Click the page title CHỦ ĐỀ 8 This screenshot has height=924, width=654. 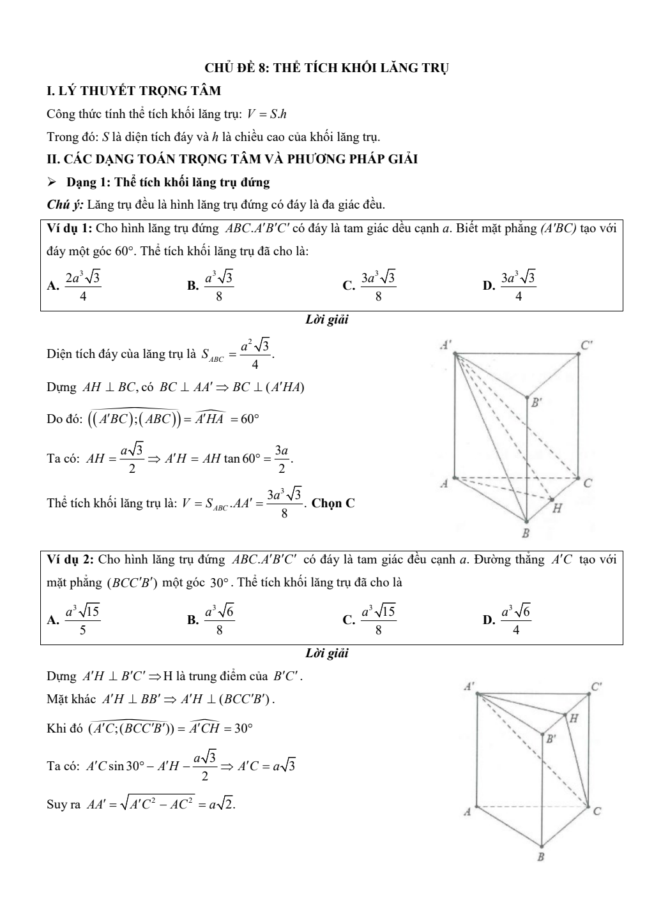point(326,68)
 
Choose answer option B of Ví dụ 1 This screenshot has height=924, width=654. point(211,285)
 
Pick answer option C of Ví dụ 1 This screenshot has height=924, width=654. point(370,285)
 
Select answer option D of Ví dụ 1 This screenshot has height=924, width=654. point(510,285)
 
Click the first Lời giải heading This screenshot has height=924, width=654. point(327,320)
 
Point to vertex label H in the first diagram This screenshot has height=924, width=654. point(557,509)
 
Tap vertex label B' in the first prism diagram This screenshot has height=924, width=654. point(536,403)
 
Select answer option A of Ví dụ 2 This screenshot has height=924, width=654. point(75,619)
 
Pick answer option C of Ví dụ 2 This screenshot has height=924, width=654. point(370,619)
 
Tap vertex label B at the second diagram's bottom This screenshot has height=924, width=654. point(540,857)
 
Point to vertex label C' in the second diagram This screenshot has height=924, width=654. point(596,687)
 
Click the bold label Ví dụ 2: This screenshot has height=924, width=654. point(71,560)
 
